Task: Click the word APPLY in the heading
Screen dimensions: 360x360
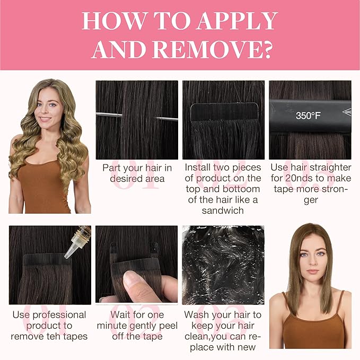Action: (x=237, y=21)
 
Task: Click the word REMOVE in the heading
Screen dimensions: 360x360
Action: (x=206, y=50)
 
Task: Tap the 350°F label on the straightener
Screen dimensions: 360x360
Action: (x=308, y=116)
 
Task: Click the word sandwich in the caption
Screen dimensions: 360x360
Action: (x=223, y=210)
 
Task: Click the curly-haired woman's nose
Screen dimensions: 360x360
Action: (x=47, y=111)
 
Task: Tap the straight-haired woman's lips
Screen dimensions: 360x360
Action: (x=312, y=271)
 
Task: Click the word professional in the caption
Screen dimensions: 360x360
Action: (x=59, y=315)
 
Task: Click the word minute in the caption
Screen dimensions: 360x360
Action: (x=112, y=326)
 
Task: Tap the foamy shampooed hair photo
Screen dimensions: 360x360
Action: (x=223, y=265)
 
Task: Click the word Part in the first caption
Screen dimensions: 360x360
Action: (x=110, y=168)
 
